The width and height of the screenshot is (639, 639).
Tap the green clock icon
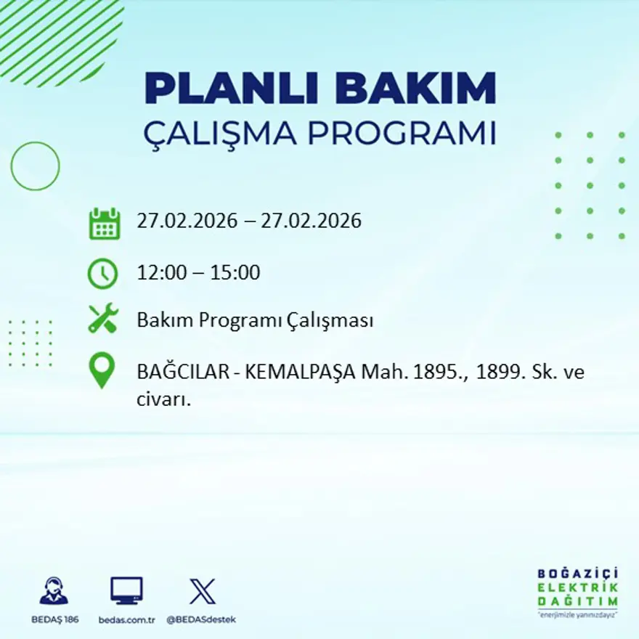102,274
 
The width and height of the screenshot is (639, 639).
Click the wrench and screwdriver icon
103,319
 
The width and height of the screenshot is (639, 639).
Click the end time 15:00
235,273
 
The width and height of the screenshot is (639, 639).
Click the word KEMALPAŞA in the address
301,372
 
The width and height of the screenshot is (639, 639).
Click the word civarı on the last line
163,399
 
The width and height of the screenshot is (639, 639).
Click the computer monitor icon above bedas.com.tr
126,590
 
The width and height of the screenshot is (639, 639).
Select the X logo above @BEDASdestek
202,590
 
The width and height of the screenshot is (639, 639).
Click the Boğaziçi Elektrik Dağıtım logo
578,592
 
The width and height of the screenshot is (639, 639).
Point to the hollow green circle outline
35,166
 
